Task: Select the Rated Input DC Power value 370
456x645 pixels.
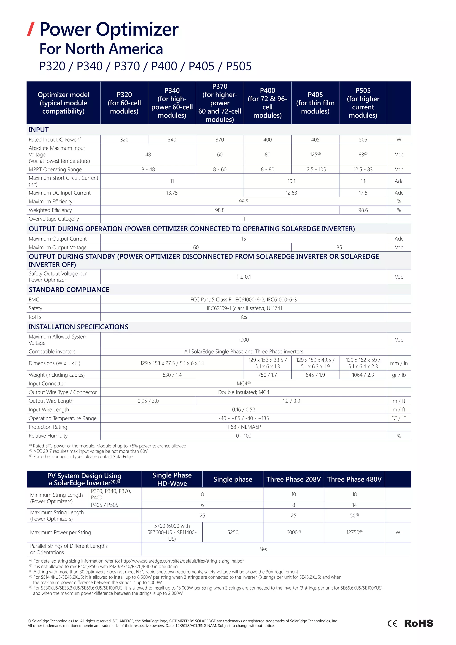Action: click(x=220, y=140)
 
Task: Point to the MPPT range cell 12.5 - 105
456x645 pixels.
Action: click(x=315, y=169)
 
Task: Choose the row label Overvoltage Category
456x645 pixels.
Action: click(x=54, y=219)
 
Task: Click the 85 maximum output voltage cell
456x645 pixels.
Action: click(x=339, y=247)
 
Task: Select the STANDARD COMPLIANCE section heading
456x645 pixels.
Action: click(x=69, y=290)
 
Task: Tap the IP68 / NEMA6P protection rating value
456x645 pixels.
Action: click(x=243, y=427)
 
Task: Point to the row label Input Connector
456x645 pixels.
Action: click(x=47, y=384)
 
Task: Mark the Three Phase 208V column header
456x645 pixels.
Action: click(x=293, y=479)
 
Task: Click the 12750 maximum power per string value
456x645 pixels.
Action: click(x=354, y=532)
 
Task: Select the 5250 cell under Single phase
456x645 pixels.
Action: click(x=232, y=532)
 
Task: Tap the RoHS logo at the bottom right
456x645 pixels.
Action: click(x=418, y=623)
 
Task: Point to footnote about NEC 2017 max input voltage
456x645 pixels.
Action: click(x=90, y=451)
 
